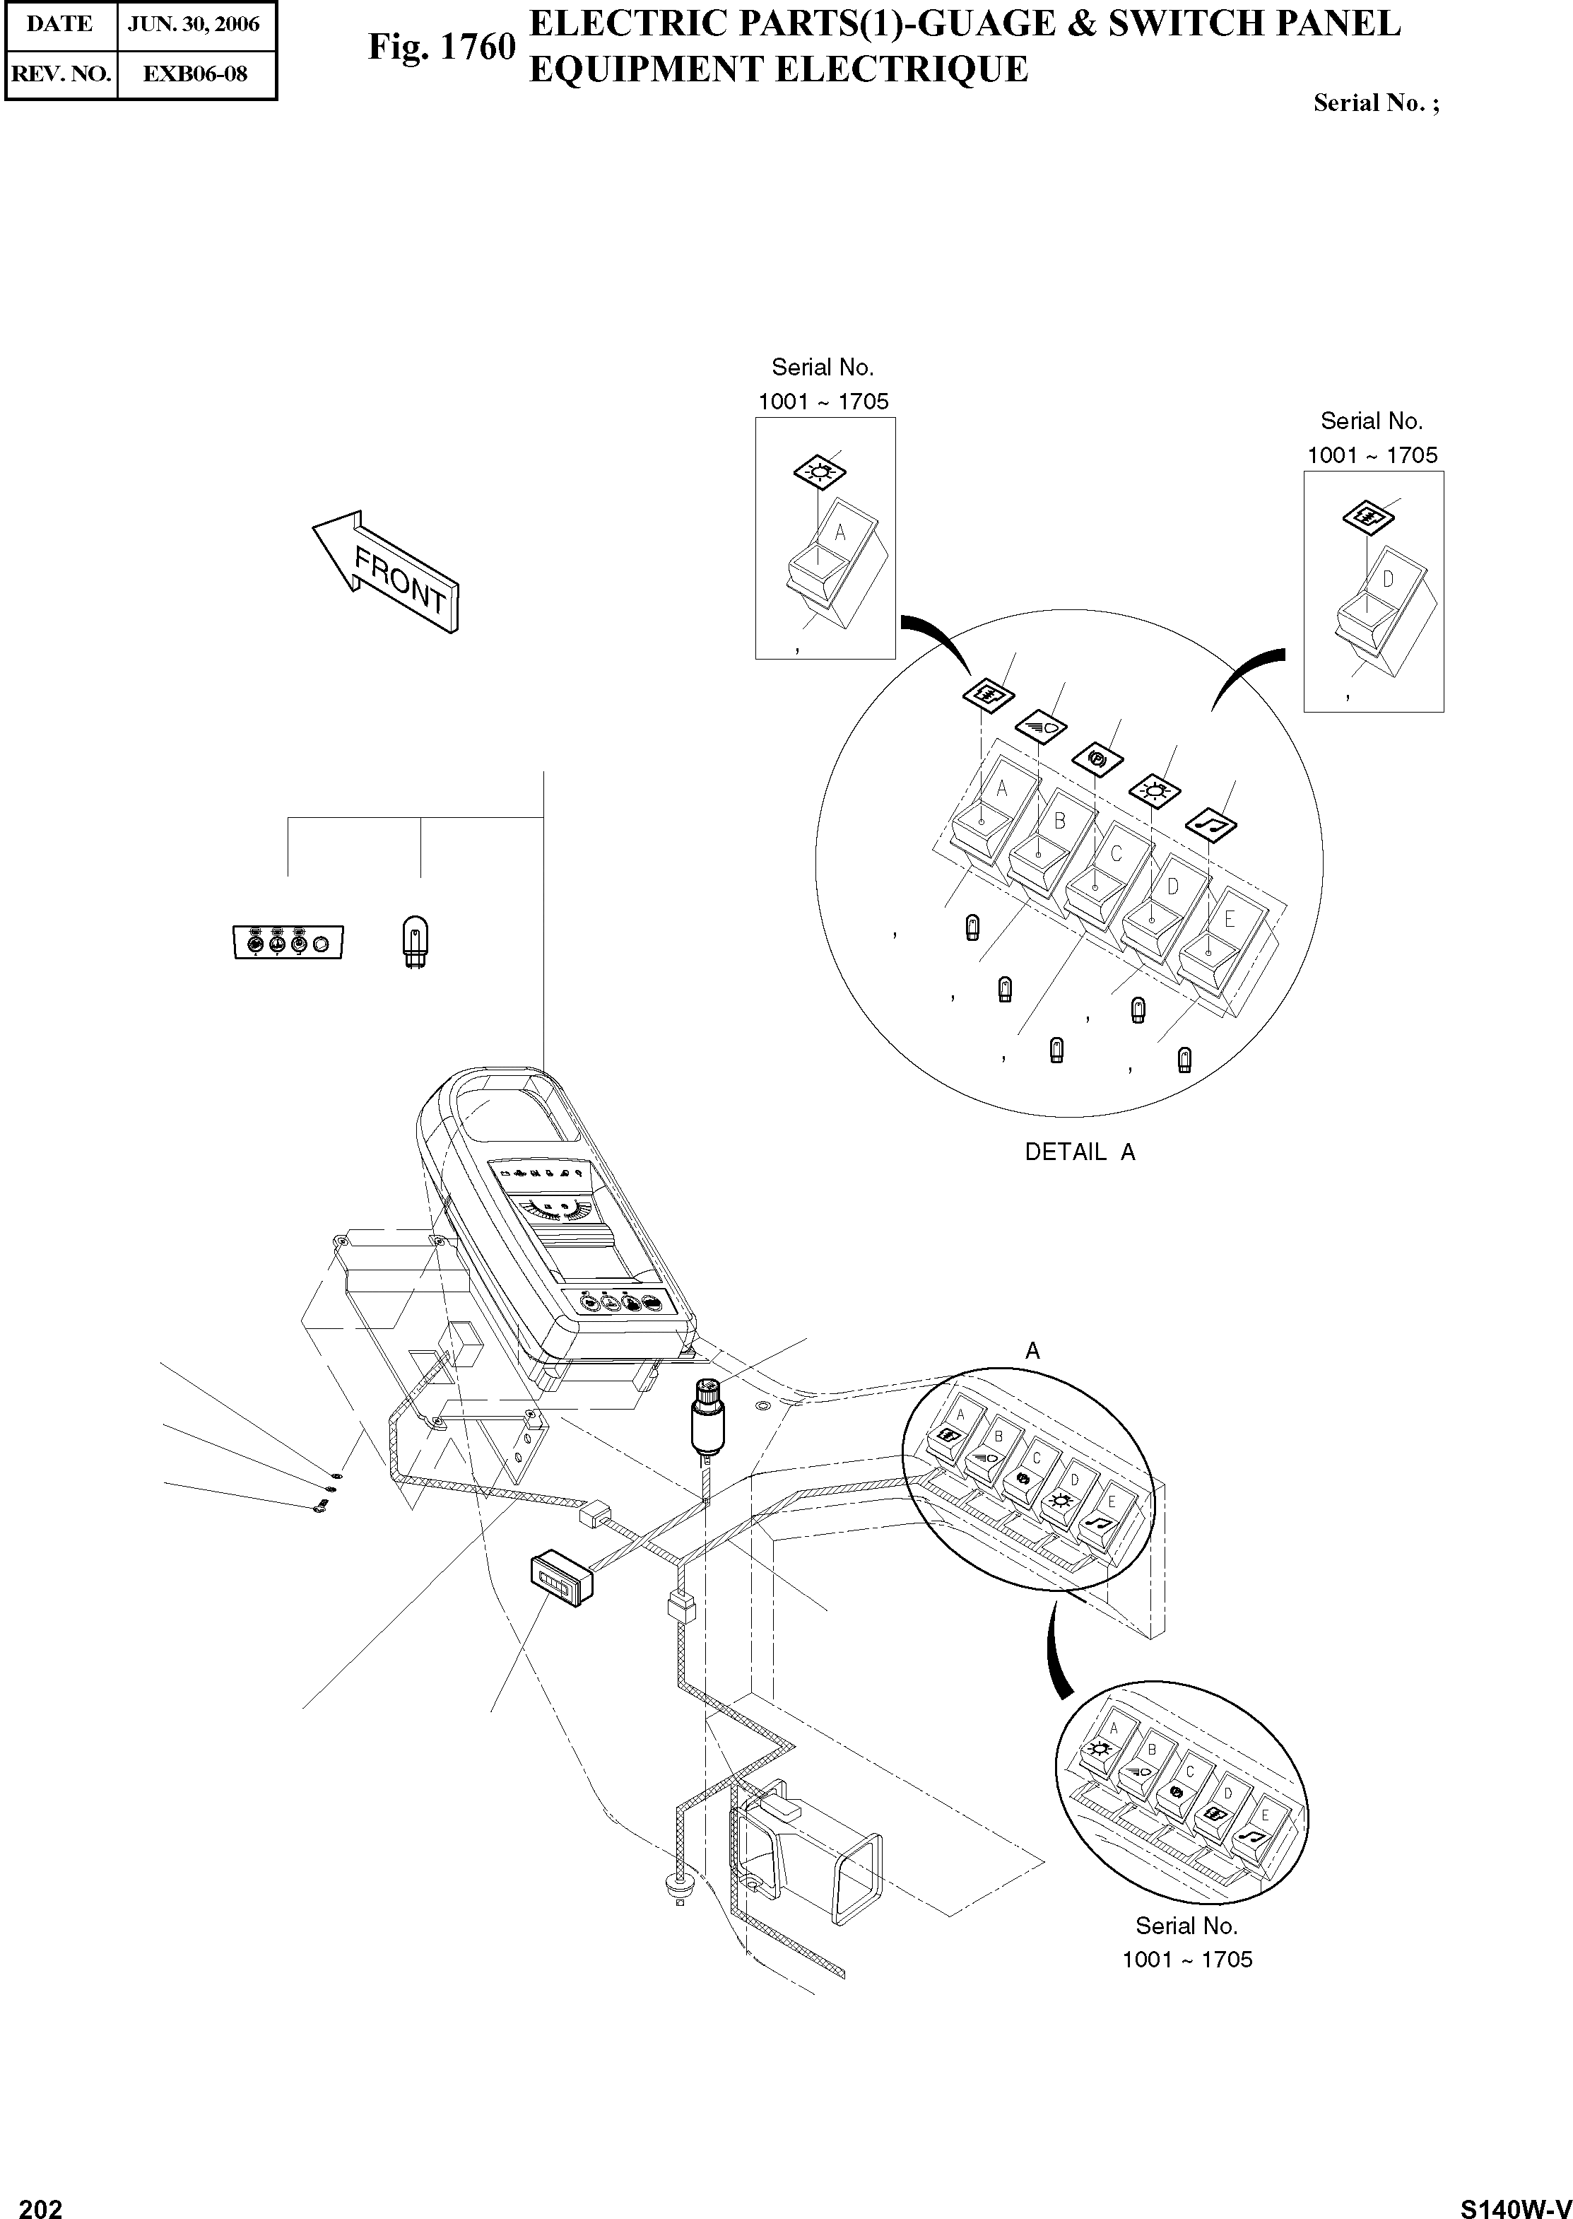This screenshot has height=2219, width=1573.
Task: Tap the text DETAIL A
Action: coord(1080,1152)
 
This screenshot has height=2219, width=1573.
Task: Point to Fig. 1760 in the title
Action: coord(441,47)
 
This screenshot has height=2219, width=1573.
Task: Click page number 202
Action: coord(41,2201)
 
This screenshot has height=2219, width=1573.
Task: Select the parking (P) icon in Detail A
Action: coord(1097,759)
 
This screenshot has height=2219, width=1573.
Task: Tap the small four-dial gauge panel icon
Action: coord(288,942)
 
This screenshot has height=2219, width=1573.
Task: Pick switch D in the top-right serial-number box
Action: coord(1375,601)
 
